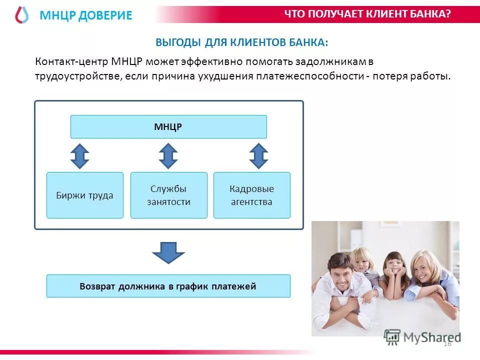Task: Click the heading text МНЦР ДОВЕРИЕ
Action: pyautogui.click(x=86, y=15)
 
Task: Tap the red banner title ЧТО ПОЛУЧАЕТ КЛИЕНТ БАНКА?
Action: pyautogui.click(x=367, y=14)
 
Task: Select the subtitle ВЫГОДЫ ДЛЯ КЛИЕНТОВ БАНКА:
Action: pyautogui.click(x=242, y=42)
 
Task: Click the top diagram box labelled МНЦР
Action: pyautogui.click(x=168, y=127)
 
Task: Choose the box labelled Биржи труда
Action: pyautogui.click(x=85, y=195)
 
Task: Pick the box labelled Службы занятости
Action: pyautogui.click(x=168, y=195)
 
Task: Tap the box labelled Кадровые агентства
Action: pyautogui.click(x=251, y=195)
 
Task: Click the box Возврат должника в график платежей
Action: pyautogui.click(x=168, y=286)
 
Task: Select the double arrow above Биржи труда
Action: pyautogui.click(x=79, y=156)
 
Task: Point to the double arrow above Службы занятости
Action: pyautogui.click(x=168, y=156)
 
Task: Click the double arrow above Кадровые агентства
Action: pyautogui.click(x=258, y=156)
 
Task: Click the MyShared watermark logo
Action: pyautogui.click(x=423, y=336)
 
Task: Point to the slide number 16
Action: pyautogui.click(x=447, y=343)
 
